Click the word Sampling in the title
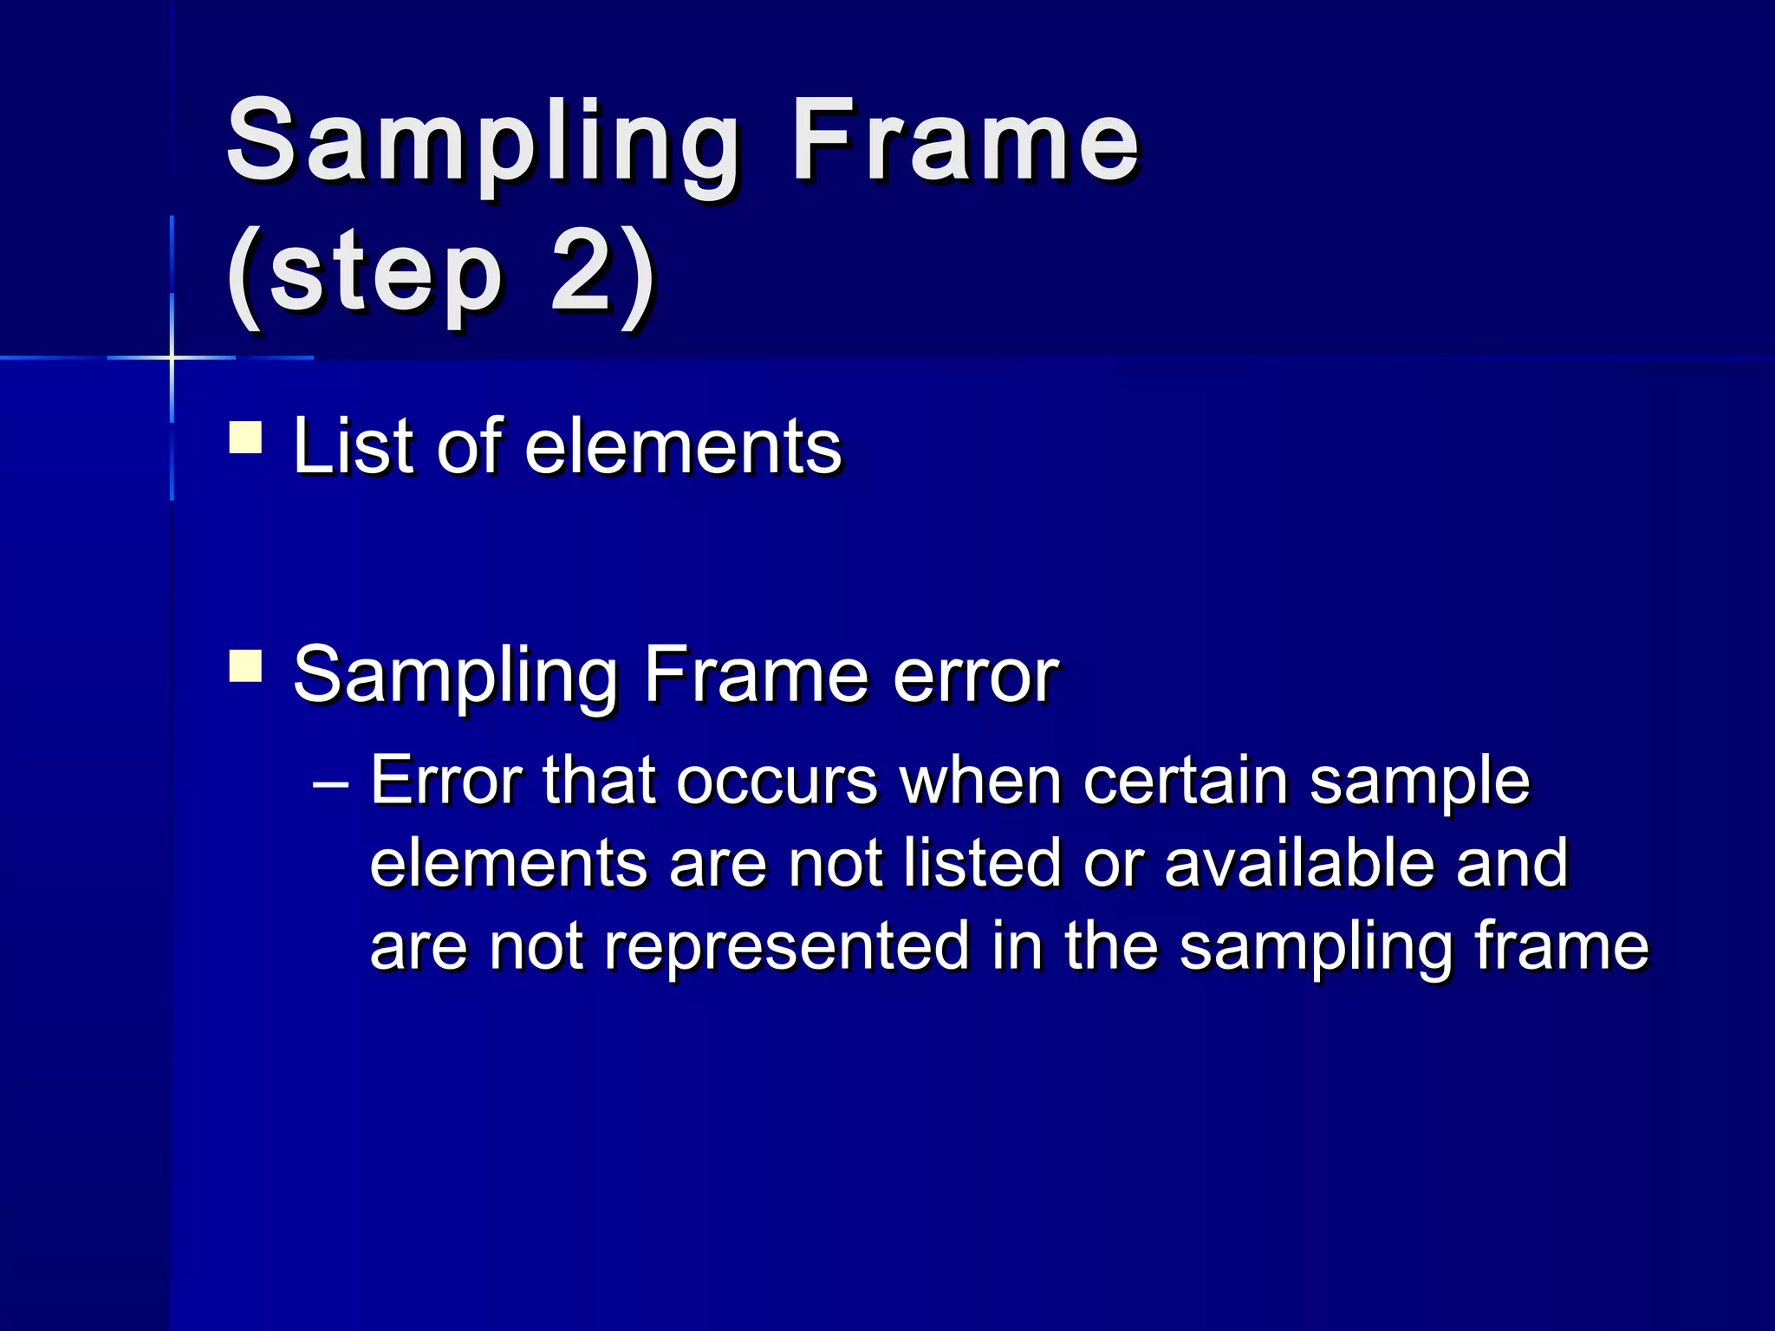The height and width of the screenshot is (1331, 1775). [x=483, y=143]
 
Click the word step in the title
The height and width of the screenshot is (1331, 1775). [x=386, y=276]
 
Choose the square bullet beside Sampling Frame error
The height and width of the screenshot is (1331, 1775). [x=245, y=666]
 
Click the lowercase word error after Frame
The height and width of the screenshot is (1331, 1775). [x=976, y=675]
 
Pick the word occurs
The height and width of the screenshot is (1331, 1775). [x=777, y=781]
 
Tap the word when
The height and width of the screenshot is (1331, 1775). [x=981, y=781]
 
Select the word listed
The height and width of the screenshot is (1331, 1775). [x=981, y=863]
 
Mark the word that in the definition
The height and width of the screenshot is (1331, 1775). [x=598, y=781]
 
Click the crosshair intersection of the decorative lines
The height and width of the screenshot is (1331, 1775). [x=172, y=357]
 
